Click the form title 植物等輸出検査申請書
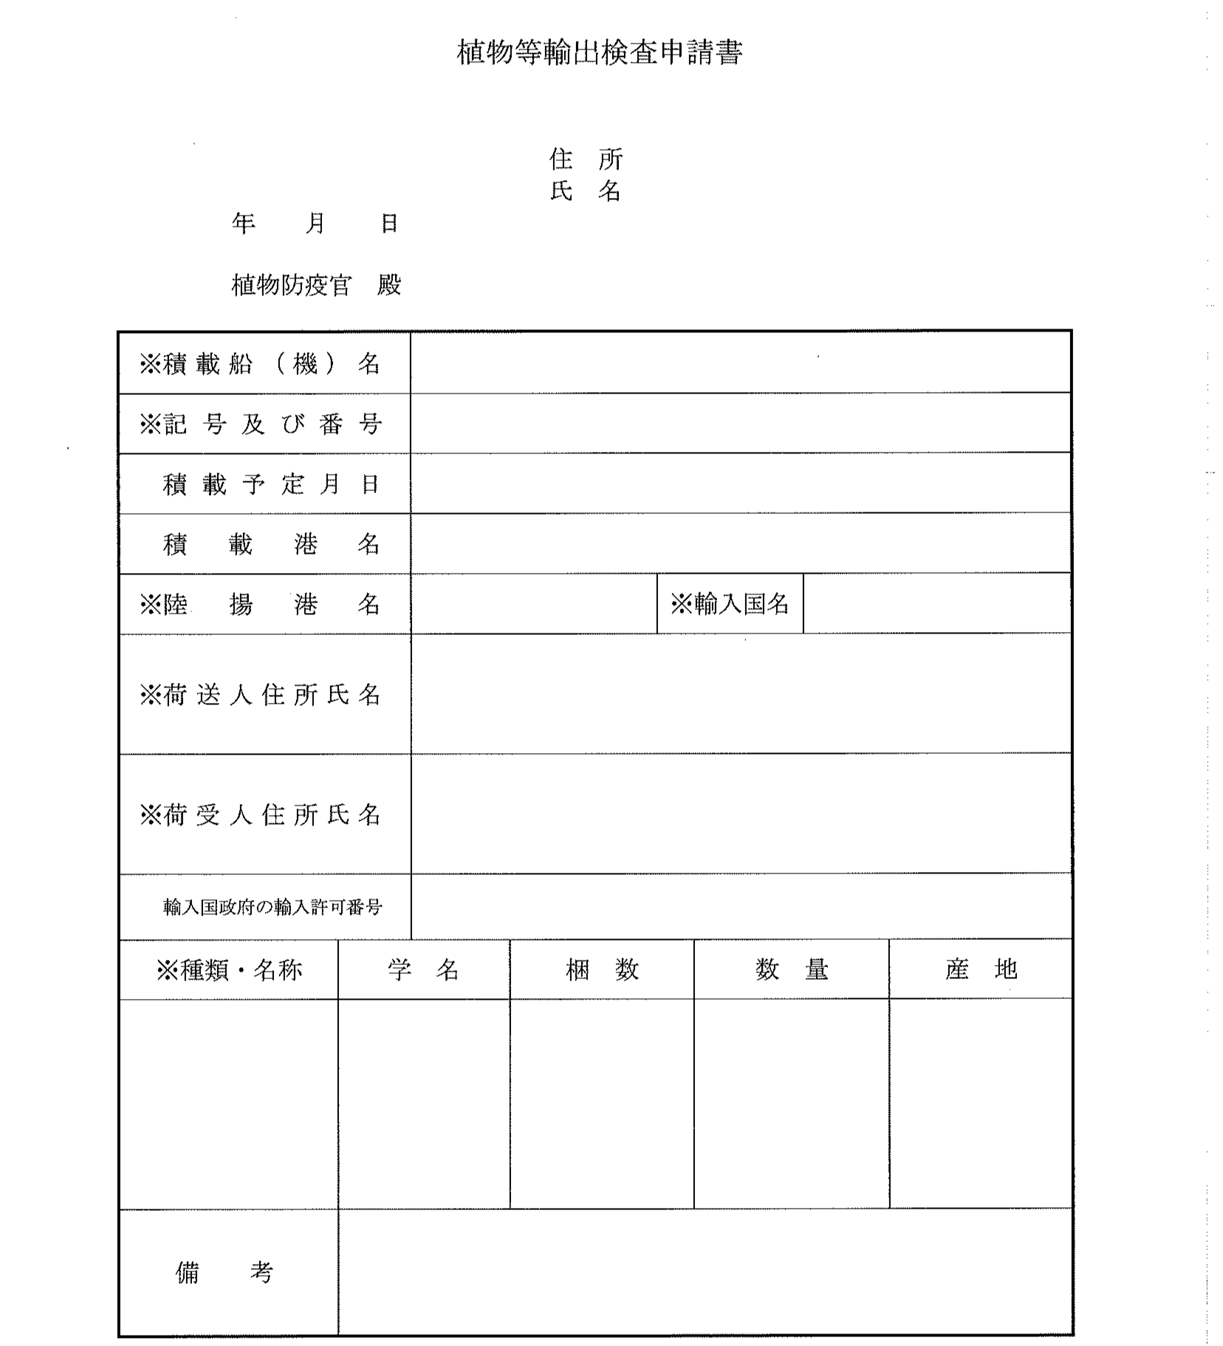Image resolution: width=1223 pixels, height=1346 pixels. click(599, 52)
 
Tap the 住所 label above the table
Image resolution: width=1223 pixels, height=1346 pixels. click(586, 159)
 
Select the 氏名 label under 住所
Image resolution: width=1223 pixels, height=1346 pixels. click(586, 191)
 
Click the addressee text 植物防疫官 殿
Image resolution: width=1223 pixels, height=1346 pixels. click(316, 285)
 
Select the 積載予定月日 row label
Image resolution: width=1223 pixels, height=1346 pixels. click(270, 484)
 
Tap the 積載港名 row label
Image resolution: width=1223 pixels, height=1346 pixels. click(270, 545)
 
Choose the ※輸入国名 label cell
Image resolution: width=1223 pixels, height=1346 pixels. click(730, 605)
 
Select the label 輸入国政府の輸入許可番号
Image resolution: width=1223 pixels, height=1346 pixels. click(273, 907)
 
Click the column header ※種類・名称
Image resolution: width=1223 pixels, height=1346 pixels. click(229, 970)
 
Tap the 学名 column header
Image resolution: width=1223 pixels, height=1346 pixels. click(423, 969)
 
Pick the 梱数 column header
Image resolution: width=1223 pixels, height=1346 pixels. click(602, 969)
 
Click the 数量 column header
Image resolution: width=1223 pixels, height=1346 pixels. click(792, 969)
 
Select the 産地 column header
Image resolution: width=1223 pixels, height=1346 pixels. click(981, 969)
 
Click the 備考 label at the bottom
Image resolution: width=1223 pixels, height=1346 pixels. click(225, 1272)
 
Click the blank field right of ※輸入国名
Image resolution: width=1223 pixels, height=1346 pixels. click(936, 605)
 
